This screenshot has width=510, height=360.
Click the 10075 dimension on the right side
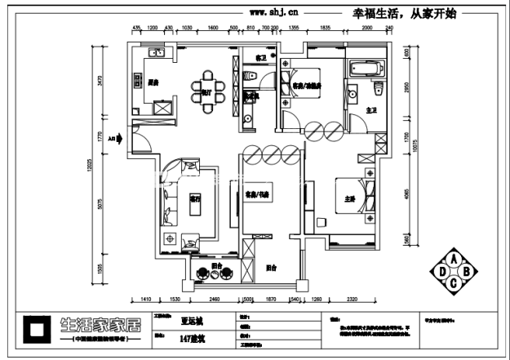click(415, 144)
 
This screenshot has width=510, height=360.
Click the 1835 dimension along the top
click(325, 29)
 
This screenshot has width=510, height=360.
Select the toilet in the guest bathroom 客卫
click(253, 77)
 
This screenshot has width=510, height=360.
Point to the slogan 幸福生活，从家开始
click(404, 12)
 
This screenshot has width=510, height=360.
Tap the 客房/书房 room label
click(258, 194)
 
